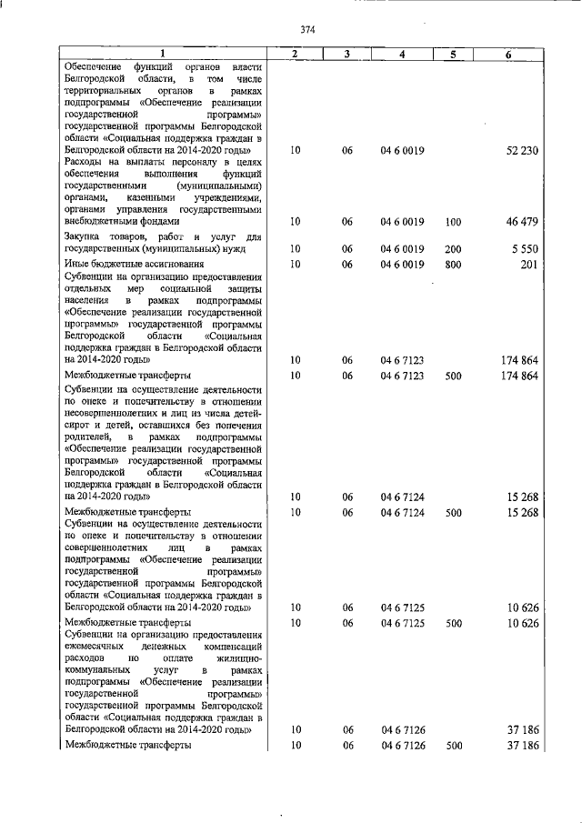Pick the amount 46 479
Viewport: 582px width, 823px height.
click(x=522, y=221)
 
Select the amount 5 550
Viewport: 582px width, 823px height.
click(x=526, y=248)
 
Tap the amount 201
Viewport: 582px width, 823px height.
click(x=530, y=264)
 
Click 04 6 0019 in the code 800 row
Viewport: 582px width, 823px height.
click(x=402, y=264)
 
